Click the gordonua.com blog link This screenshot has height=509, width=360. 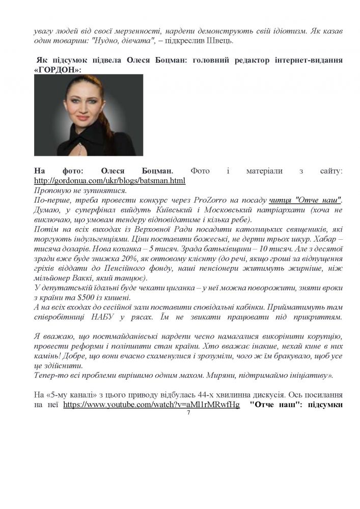109,181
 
